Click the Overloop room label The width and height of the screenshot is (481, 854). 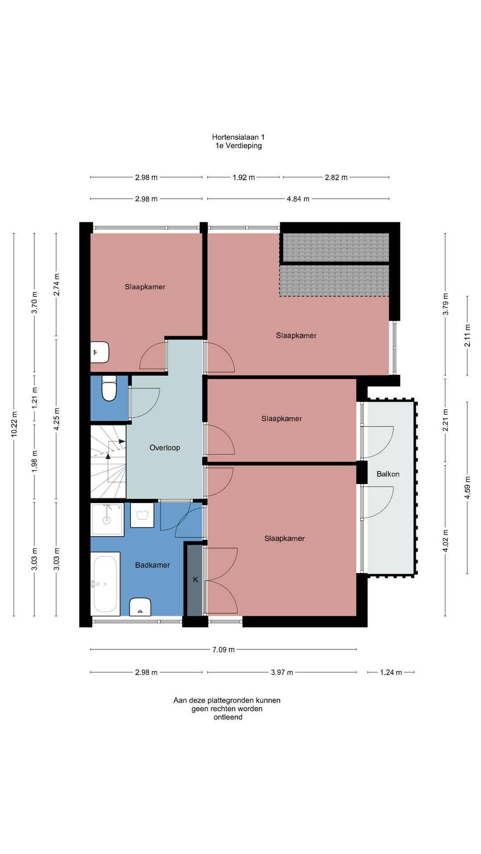[165, 448]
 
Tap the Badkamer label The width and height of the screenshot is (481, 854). [152, 565]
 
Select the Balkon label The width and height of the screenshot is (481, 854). [388, 474]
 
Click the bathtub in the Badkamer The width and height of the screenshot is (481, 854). [105, 584]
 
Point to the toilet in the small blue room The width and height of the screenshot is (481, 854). [109, 388]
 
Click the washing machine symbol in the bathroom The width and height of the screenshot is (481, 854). [142, 515]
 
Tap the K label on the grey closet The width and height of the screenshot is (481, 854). [195, 580]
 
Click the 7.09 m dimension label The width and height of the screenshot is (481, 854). [223, 650]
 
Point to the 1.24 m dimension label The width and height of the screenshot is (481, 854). [391, 673]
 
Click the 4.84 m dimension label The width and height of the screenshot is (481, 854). [298, 199]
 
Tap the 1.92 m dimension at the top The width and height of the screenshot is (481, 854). [244, 177]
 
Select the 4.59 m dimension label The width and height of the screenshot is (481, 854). [468, 487]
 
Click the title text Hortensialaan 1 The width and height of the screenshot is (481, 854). [238, 137]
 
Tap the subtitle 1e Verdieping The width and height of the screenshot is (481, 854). [238, 146]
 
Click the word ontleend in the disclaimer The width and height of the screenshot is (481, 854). [228, 717]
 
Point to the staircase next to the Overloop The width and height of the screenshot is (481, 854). [108, 462]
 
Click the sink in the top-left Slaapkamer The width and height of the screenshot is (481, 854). [100, 352]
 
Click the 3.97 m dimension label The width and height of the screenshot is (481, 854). [282, 673]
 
